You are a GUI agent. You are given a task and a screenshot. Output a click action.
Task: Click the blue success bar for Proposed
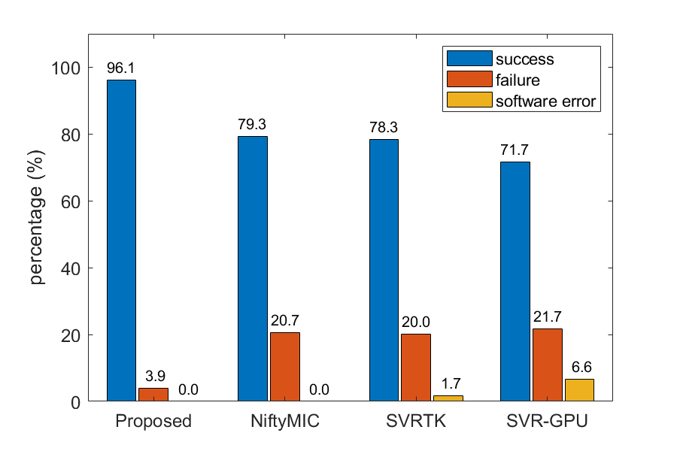(x=121, y=241)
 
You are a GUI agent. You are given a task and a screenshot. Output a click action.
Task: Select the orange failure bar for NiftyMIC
(x=285, y=367)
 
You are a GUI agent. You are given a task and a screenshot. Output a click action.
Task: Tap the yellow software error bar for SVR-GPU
(x=579, y=390)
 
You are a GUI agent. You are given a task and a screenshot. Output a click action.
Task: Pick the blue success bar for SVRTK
(x=384, y=270)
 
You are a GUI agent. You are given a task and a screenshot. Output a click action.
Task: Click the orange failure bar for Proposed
(x=153, y=395)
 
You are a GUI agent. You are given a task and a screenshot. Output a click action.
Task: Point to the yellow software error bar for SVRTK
(x=448, y=398)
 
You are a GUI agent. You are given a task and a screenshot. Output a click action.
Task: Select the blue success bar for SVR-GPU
(x=515, y=281)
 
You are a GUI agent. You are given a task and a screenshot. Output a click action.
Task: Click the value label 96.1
(x=121, y=68)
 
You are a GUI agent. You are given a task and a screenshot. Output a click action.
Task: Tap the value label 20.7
(x=285, y=321)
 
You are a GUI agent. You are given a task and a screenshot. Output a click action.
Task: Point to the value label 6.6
(x=579, y=368)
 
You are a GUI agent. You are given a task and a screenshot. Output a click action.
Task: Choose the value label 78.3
(x=384, y=128)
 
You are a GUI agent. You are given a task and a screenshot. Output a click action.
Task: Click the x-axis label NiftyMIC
(x=284, y=422)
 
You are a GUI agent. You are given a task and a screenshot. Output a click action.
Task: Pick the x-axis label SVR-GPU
(x=547, y=422)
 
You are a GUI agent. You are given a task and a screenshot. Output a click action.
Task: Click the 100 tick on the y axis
(x=68, y=68)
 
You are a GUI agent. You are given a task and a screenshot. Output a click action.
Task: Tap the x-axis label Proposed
(x=153, y=422)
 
